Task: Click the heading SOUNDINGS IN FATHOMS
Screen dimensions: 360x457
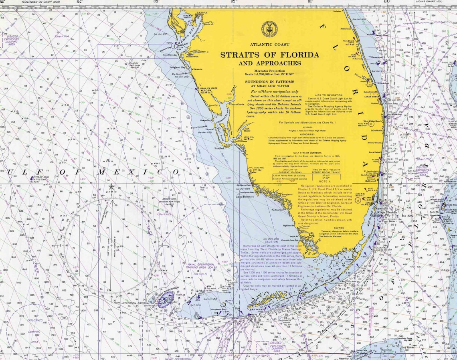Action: pos(269,81)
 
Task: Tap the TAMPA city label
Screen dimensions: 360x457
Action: pos(201,13)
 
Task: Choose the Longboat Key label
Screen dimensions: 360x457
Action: pos(177,67)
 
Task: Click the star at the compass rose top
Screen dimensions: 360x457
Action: pos(111,187)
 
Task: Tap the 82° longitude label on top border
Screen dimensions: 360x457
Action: pos(233,2)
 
